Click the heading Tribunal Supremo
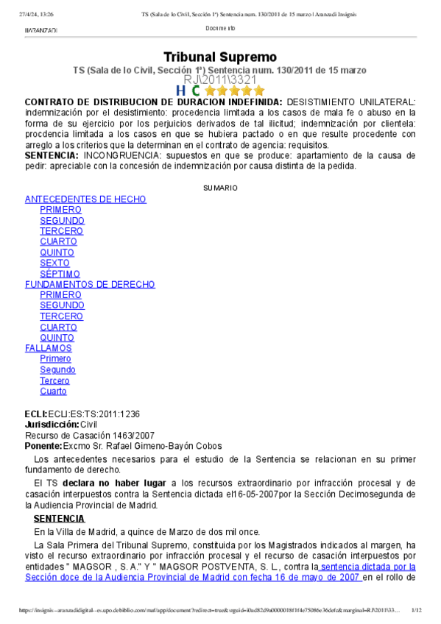tap(219, 57)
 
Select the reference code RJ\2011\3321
tap(219, 79)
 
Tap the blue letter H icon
tap(180, 91)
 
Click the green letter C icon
tap(195, 91)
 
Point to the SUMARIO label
tap(220, 188)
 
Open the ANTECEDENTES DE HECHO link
tap(85, 199)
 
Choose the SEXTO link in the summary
tap(54, 263)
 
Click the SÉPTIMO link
tap(60, 274)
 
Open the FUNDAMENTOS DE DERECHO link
tap(90, 284)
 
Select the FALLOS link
tap(49, 348)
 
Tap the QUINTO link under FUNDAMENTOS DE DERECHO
tap(57, 338)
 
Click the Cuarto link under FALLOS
tap(53, 391)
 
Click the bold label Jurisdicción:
tap(52, 425)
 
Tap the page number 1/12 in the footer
tap(416, 610)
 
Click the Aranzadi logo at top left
tap(40, 29)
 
